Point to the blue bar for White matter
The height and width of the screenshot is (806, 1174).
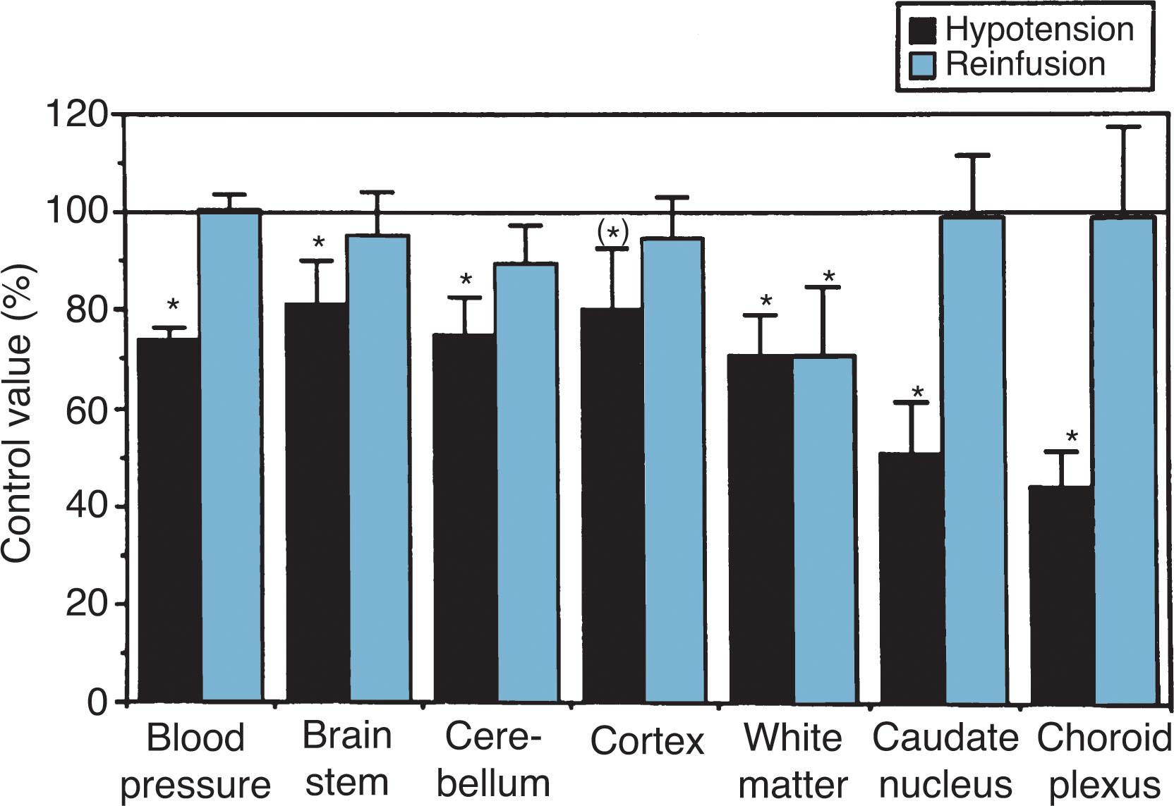click(823, 528)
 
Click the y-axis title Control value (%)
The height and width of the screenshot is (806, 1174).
click(17, 413)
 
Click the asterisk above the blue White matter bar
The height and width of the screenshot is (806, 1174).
click(828, 276)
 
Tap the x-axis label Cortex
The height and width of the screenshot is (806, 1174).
click(647, 741)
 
